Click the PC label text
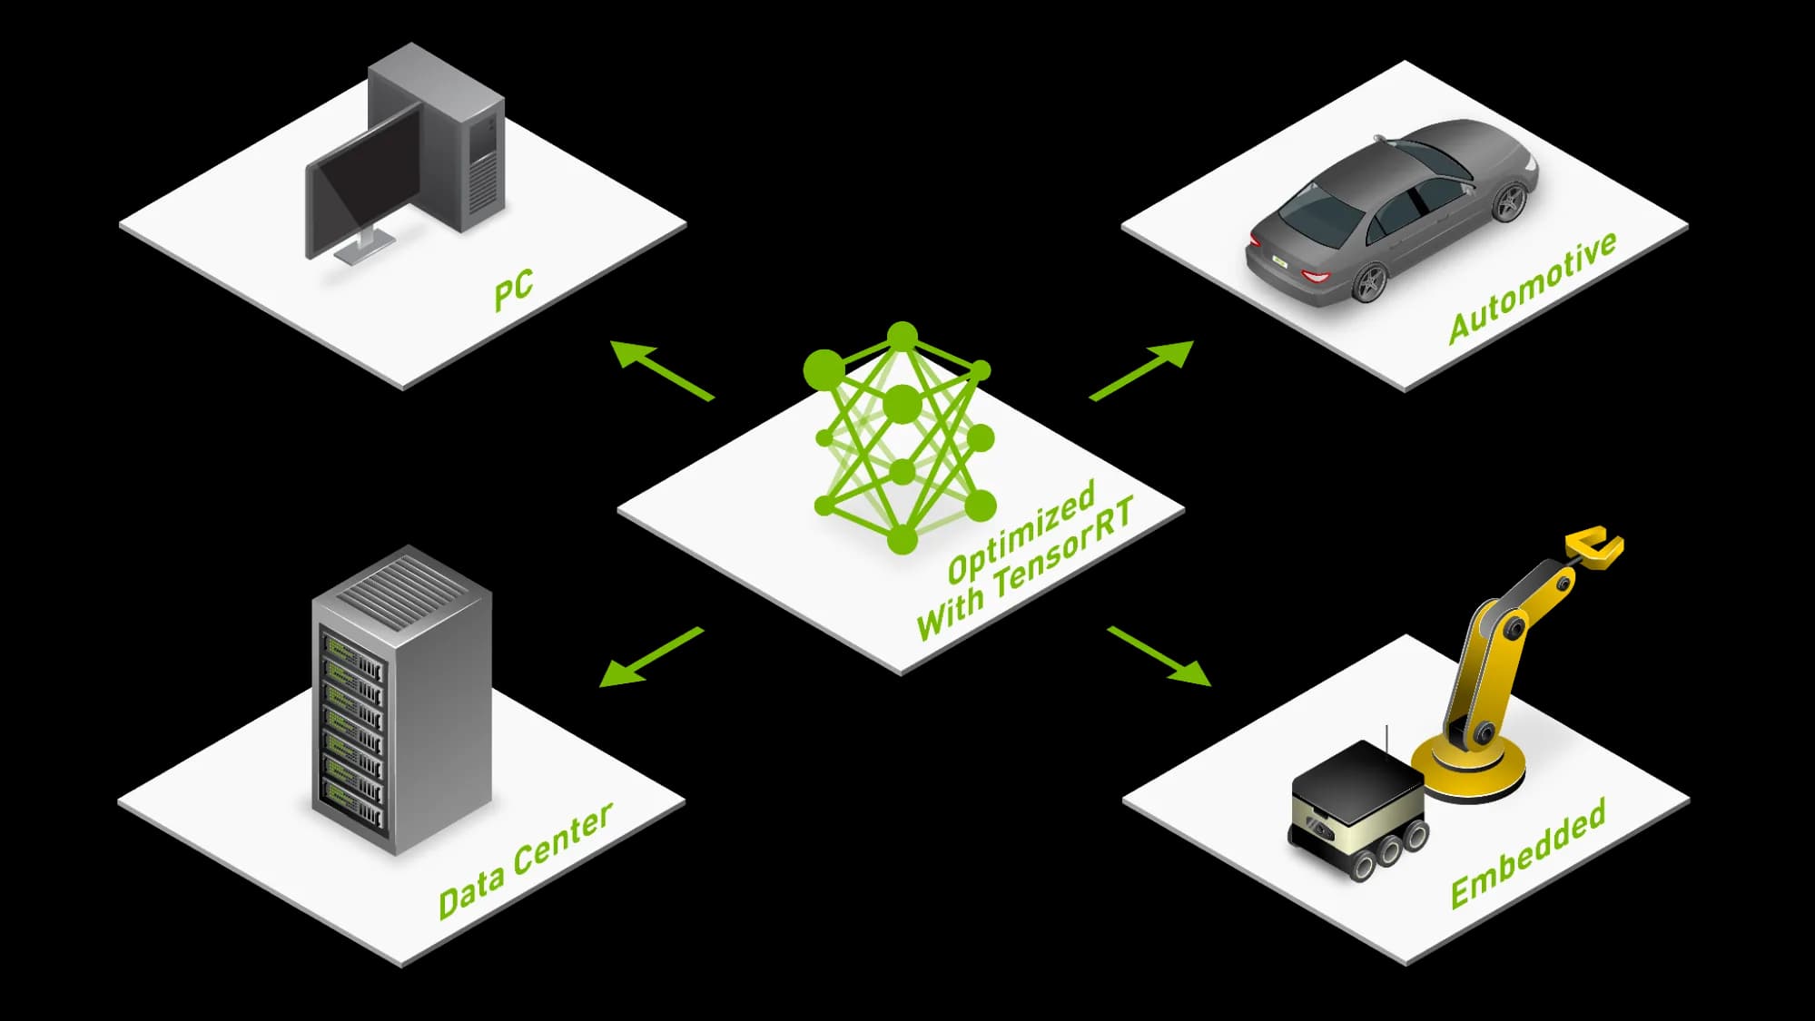(x=514, y=290)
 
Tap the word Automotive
(x=1533, y=287)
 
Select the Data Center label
(x=526, y=860)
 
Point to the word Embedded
(x=1528, y=853)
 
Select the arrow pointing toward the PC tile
(x=662, y=369)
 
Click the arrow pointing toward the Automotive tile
(x=1142, y=369)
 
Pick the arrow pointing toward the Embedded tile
(x=1159, y=656)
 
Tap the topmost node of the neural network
(x=903, y=337)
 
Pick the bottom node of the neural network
(x=902, y=539)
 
